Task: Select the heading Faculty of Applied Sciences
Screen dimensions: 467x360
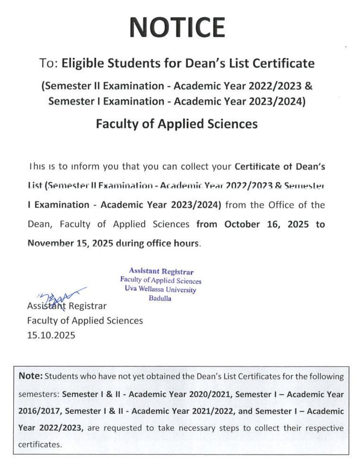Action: [177, 124]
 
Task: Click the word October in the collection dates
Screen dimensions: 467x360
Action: [242, 224]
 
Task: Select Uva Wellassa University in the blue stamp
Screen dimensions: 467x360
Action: [160, 289]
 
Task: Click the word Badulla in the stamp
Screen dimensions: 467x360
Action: [160, 298]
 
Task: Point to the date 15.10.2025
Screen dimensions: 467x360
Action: [51, 335]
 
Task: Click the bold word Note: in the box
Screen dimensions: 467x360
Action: [31, 376]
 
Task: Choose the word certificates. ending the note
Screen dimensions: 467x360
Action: [40, 445]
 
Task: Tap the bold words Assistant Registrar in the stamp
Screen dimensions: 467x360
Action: [161, 271]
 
